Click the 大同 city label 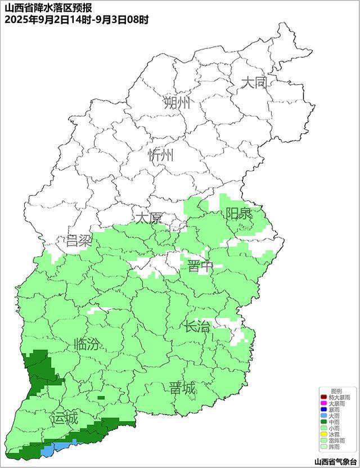pos(254,83)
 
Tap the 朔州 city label pos(177,102)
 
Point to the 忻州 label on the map pos(161,156)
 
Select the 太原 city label pos(148,218)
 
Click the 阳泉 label pos(239,214)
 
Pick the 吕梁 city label pos(78,241)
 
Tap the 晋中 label pos(200,266)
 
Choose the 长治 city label pos(198,326)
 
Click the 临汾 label pos(87,344)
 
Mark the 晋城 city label pos(182,388)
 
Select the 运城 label pos(63,418)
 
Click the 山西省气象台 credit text pos(335,461)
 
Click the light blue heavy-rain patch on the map pos(53,448)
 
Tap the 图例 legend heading pos(336,391)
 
